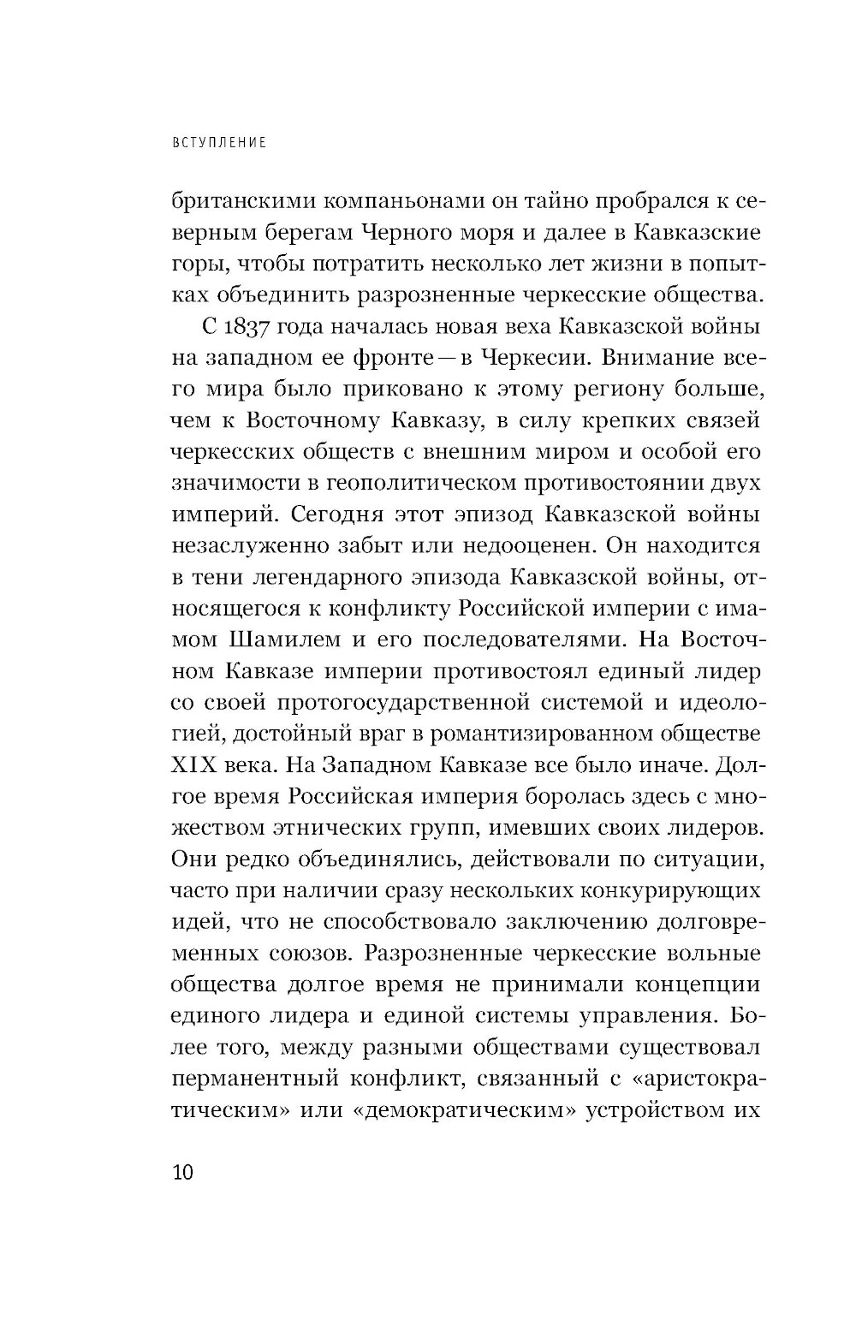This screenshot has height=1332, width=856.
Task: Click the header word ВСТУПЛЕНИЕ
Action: (219, 143)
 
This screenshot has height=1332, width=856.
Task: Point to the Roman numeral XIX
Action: (199, 764)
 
